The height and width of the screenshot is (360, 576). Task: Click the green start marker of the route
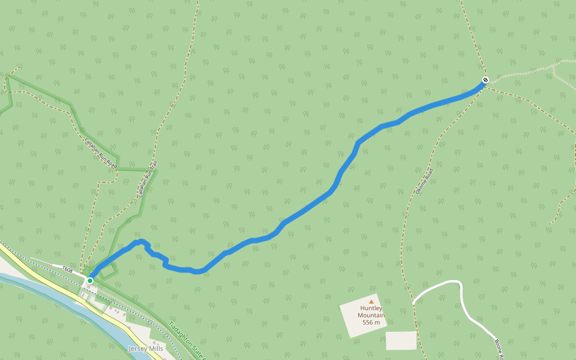click(x=90, y=280)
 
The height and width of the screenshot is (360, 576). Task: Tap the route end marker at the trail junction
click(x=485, y=80)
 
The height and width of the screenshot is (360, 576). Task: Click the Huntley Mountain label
click(x=371, y=312)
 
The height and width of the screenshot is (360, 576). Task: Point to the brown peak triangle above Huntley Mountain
click(x=371, y=301)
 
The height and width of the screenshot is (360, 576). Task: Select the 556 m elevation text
click(x=371, y=323)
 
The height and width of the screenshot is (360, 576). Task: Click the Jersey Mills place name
click(x=146, y=349)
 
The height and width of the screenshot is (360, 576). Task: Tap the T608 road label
click(x=67, y=271)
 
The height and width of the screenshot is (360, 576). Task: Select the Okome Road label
click(x=424, y=182)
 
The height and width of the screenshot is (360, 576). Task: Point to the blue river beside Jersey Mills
click(x=36, y=286)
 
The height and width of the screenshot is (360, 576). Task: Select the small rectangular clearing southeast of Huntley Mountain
click(x=401, y=340)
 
